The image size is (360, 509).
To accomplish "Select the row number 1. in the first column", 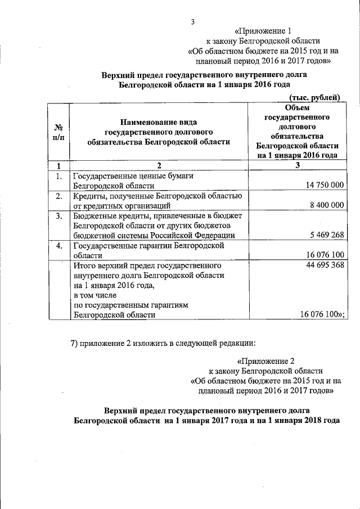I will [57, 177].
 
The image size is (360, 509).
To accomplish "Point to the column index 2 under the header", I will [159, 165].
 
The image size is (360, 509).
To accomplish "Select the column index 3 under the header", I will [298, 165].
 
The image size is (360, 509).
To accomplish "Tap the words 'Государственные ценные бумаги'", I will [133, 176].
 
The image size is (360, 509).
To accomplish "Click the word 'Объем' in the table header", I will [298, 108].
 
